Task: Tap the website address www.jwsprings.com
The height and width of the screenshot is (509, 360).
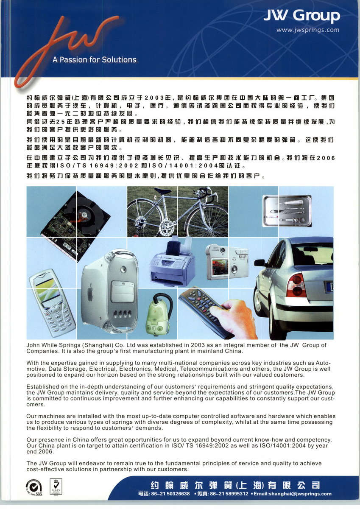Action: pos(307,30)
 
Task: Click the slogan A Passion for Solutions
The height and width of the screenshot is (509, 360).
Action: pos(94,60)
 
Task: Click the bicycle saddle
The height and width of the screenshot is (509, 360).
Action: pos(162,191)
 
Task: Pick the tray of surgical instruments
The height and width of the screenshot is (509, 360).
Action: pos(287,210)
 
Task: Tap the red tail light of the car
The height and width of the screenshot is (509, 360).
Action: pos(296,285)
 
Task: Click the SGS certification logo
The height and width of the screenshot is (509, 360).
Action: pos(34,486)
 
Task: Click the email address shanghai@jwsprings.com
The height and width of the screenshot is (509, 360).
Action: pos(292,494)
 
